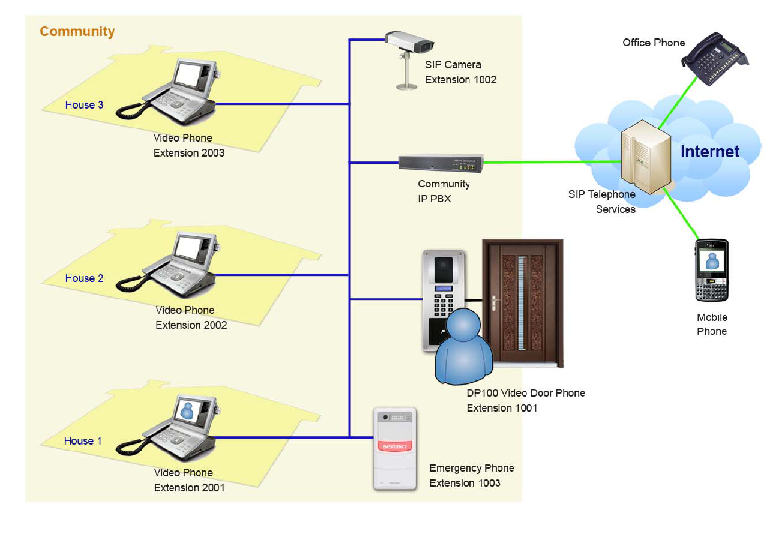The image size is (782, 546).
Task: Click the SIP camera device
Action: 409,43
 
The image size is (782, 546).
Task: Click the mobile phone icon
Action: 712,271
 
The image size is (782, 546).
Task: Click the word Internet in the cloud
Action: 710,151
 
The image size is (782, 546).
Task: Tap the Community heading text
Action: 77,32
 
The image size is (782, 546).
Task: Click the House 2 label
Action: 84,278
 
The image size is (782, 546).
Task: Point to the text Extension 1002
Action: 461,80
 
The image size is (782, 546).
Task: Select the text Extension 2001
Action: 190,488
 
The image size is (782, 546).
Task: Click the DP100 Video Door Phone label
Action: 526,394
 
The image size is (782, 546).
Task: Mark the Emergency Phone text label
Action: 472,469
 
